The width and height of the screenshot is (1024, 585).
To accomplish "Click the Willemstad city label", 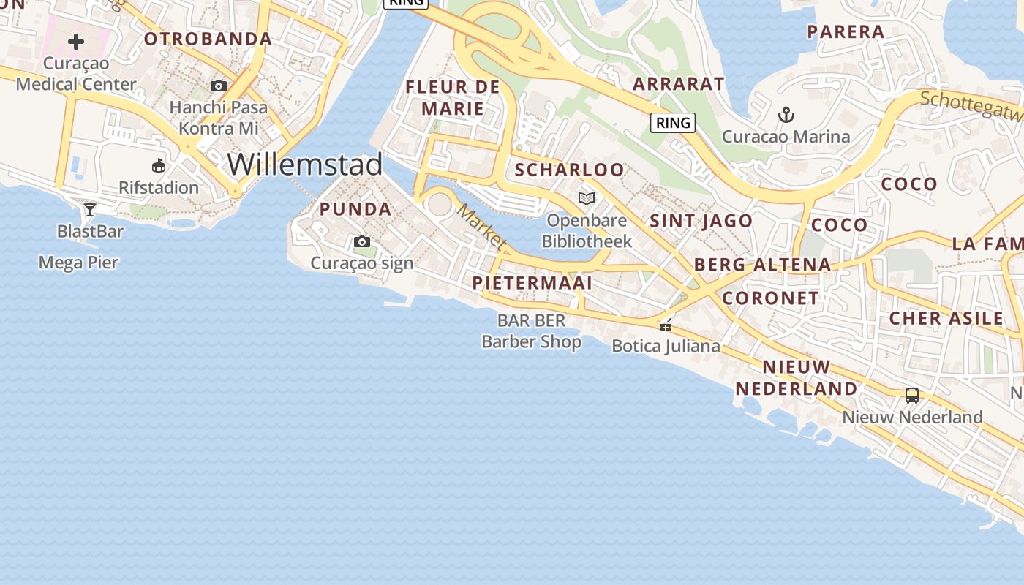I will pos(304,165).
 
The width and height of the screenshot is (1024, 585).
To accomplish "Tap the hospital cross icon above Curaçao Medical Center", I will pos(76,42).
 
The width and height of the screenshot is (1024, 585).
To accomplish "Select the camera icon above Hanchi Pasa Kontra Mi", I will pos(218,86).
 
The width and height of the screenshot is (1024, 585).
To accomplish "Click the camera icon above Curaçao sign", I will pos(361,242).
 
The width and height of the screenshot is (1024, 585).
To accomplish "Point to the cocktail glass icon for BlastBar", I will pos(90,210).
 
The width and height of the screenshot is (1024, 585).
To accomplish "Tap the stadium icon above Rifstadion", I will pos(159,166).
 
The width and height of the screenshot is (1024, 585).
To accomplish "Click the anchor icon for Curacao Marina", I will pos(786,115).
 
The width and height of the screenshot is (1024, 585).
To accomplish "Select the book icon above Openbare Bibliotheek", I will pos(587,198).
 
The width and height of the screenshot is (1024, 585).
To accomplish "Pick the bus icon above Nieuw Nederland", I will pos(911,396).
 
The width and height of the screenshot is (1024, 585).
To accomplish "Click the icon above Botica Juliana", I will pos(666,325).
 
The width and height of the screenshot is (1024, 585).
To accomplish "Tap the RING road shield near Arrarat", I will pos(673,123).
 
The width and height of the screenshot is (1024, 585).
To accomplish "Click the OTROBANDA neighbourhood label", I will pos(208,39).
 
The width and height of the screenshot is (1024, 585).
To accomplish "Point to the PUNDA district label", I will pos(355,209).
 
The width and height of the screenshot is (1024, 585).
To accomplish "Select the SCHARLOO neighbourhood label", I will pos(570,170).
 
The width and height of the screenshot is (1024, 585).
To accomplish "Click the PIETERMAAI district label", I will pos(532,283).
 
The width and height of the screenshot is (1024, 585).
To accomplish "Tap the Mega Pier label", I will pos(78,263).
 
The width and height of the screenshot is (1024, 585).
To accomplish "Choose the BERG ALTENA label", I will pos(762,265).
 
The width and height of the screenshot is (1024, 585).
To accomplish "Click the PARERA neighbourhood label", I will pos(846,32).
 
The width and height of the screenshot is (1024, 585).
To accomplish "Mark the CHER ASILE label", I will pos(946,318).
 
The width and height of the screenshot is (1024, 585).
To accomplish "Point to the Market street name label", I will pos(481,226).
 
